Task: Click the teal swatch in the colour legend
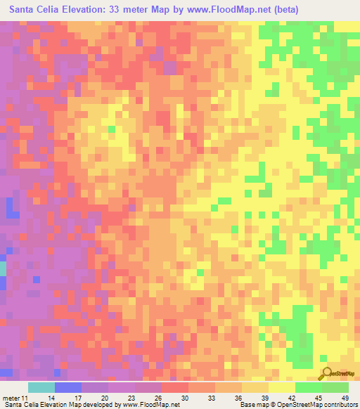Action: [x=41, y=387]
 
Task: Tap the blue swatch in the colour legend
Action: [x=68, y=387]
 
